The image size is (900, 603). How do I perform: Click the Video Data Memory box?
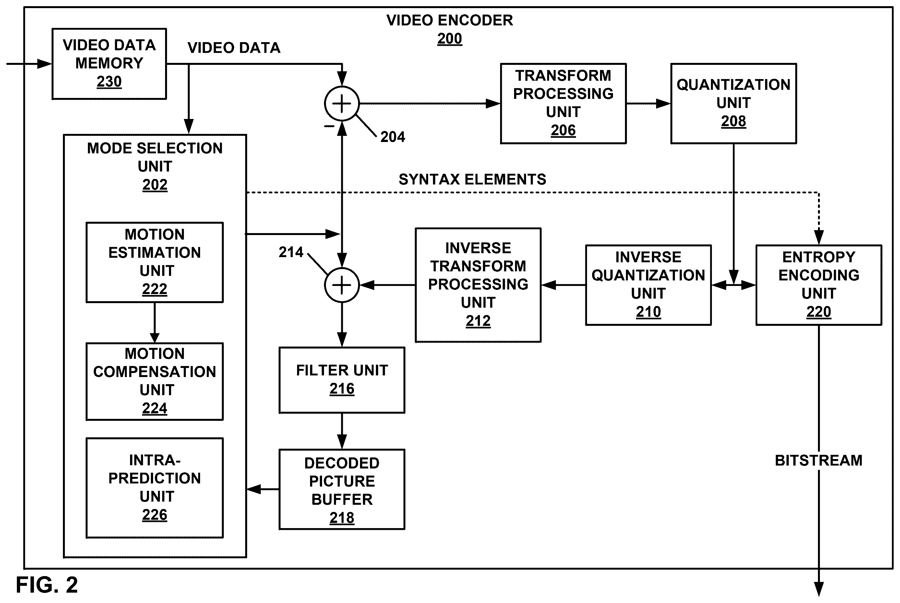tap(109, 64)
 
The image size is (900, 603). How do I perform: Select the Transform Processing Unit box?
tap(563, 103)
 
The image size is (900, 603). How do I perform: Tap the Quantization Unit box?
tap(734, 103)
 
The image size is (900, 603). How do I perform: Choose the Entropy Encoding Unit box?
tap(819, 285)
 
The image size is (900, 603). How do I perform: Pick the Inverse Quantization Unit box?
tap(648, 285)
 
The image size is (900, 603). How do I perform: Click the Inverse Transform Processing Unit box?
tap(478, 285)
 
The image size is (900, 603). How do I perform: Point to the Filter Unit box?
tap(342, 380)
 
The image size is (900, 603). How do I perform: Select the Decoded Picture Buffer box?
tap(342, 489)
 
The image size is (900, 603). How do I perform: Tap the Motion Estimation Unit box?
tap(155, 262)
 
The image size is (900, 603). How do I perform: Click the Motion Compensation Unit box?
tap(155, 382)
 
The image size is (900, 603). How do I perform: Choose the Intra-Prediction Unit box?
tap(155, 488)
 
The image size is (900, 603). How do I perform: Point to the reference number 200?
tap(449, 39)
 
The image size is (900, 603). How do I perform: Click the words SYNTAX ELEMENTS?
tap(472, 179)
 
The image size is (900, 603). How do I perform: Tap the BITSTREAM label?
tap(819, 460)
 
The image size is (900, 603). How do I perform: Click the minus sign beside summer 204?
tap(329, 126)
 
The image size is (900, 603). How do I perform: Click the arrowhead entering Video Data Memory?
tap(44, 64)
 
